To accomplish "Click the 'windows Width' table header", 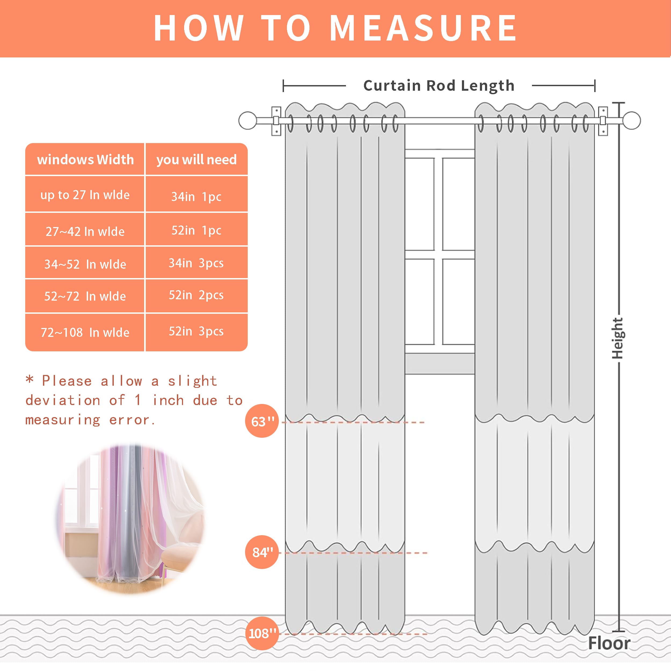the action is [85, 159].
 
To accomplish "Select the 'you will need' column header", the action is [196, 159].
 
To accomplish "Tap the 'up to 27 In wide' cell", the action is [85, 195].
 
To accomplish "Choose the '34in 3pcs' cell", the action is [196, 263].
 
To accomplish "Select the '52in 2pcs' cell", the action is [196, 295].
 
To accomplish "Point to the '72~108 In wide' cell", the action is [85, 332].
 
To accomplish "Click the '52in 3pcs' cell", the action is [196, 331].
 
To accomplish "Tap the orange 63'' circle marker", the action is [262, 421].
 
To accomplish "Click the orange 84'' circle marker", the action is [262, 552].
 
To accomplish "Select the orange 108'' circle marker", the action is [262, 633].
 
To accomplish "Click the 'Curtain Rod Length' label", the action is [439, 85].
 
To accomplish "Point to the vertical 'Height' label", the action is [617, 338].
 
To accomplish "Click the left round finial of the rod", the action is [248, 121].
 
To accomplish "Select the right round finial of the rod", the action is [631, 121].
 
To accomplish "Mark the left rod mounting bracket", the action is [276, 121].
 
